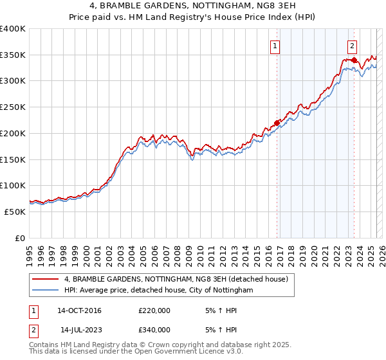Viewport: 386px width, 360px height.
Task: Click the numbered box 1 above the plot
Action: (x=275, y=46)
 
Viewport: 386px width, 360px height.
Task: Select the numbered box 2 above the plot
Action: (x=353, y=46)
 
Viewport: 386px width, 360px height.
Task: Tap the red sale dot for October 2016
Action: (x=277, y=123)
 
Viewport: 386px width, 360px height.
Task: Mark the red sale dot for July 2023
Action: (x=354, y=60)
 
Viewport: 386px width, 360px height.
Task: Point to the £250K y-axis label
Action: (x=13, y=107)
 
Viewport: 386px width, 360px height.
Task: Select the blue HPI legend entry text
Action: (x=158, y=291)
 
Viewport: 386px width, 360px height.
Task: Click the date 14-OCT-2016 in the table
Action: (x=79, y=311)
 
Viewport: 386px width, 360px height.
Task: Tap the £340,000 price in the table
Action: (x=154, y=330)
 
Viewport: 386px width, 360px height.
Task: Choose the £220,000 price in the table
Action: (x=154, y=311)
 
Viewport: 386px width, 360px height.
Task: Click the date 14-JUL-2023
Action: (x=79, y=330)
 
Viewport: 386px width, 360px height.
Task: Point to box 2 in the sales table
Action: (x=33, y=330)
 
